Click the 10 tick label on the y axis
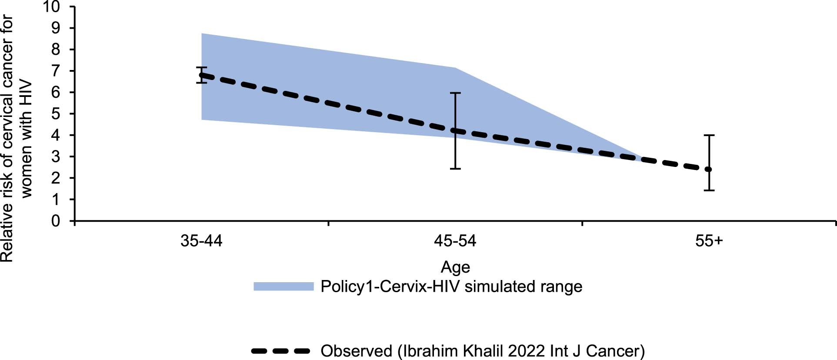pos(53,7)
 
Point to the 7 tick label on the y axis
pos(56,71)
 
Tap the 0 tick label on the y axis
pos(56,221)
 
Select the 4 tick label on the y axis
pos(56,135)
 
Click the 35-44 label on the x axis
pos(201,241)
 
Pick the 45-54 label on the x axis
pos(455,241)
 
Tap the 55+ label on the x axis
pos(709,241)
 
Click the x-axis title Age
pos(455,267)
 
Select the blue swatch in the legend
pos(283,287)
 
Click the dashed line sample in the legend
pos(280,351)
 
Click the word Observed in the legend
pos(357,351)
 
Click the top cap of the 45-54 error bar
pos(455,93)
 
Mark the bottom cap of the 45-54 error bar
pos(455,169)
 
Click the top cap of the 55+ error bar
pos(709,136)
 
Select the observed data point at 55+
pos(709,170)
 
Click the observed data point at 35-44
pos(201,75)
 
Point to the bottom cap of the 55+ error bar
pos(709,190)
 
